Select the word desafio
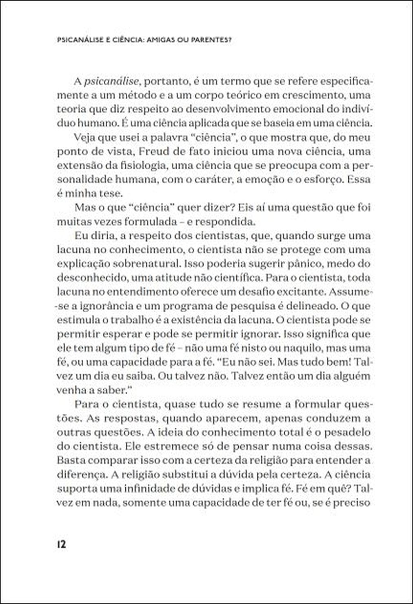[304, 292]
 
